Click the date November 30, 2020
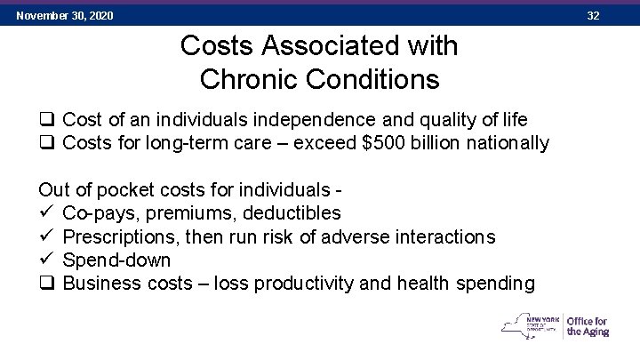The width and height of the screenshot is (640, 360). coord(64,16)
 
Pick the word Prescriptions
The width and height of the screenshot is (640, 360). coord(120,236)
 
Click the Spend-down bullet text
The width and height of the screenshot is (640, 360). coord(116,260)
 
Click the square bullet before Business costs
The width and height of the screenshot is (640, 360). coord(46,284)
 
